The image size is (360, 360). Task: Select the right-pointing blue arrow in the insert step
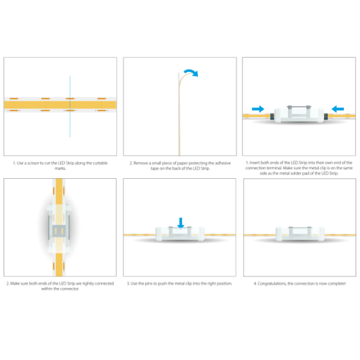(x=258, y=109)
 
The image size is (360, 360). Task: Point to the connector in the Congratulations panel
(x=298, y=233)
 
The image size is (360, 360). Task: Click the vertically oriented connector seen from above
(x=60, y=231)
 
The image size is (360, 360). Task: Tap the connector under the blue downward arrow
(x=179, y=233)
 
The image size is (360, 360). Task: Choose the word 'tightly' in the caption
(x=89, y=283)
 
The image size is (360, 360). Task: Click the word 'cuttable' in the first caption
(x=99, y=163)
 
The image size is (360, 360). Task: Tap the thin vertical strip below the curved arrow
(x=179, y=120)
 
